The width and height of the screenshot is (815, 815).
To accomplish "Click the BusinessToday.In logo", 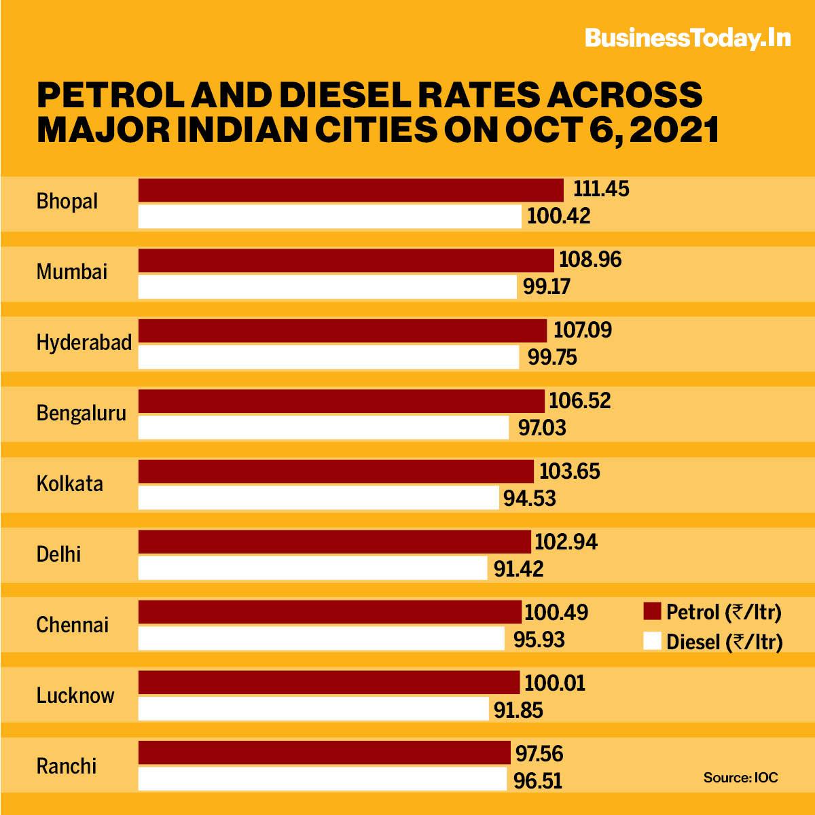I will point(687,39).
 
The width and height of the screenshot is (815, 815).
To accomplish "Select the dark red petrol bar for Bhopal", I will point(350,190).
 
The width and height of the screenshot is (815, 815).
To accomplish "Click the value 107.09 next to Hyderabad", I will point(583,331).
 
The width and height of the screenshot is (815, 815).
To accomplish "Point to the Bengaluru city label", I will point(81,413).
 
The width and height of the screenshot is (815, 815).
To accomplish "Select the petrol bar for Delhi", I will point(334,542).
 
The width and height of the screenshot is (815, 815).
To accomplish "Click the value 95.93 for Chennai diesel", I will point(539,640).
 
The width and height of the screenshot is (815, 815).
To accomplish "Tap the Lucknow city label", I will point(75,695).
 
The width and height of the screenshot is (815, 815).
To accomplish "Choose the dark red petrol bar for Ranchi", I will point(324,753).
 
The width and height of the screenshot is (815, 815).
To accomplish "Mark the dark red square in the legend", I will point(652,611).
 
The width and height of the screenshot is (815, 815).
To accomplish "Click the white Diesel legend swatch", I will point(652,641).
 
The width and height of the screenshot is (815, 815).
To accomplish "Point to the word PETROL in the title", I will point(109,94).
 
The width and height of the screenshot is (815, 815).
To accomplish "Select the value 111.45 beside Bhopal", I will point(602,189).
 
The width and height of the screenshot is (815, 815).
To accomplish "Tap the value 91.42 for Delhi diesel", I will point(519,568).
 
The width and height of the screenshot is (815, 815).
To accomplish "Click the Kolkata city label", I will point(70,484).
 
